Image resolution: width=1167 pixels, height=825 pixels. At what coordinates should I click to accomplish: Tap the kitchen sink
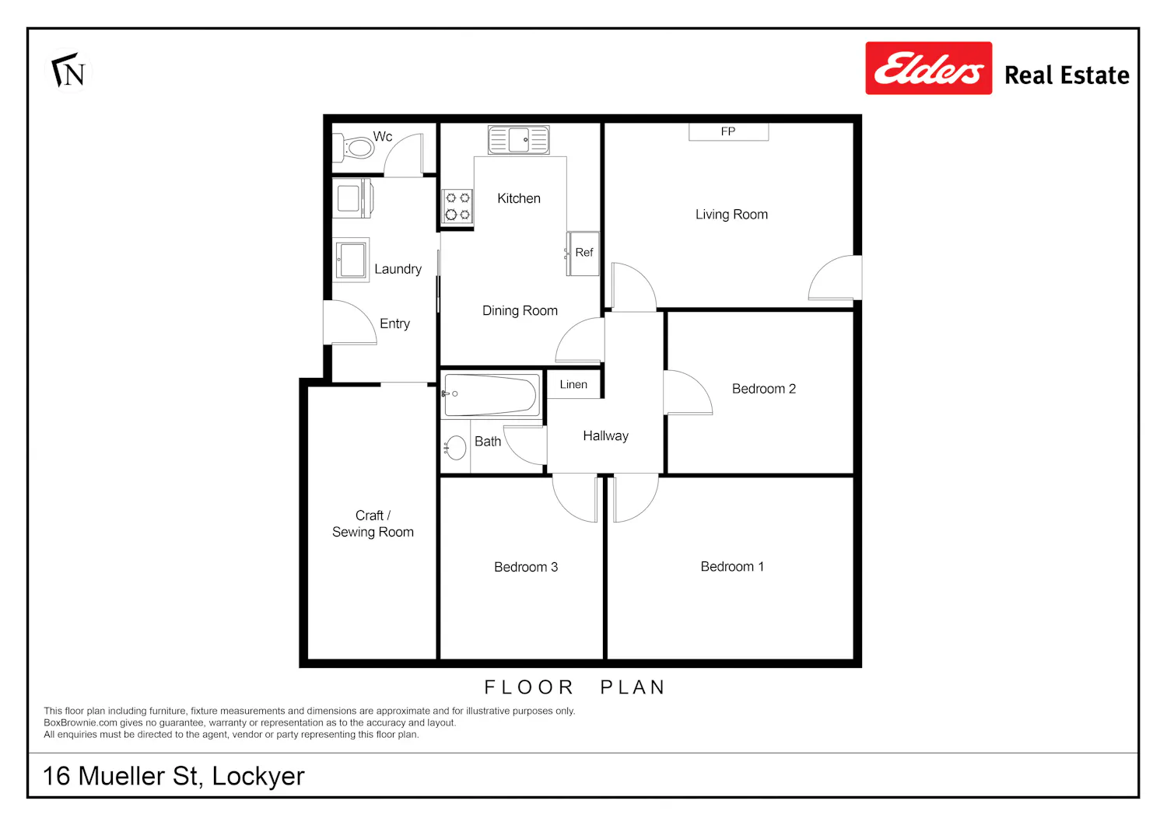click(519, 140)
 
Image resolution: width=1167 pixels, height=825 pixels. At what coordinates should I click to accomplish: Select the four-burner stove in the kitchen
click(457, 206)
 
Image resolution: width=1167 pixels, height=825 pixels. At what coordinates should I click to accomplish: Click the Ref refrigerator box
click(583, 253)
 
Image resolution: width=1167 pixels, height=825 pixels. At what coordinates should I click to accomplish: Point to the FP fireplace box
click(728, 131)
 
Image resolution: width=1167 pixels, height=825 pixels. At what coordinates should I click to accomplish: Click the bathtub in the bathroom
click(491, 395)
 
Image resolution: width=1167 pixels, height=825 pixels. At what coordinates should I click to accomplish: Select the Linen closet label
click(573, 384)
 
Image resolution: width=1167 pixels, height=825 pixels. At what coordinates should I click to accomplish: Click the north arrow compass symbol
click(68, 70)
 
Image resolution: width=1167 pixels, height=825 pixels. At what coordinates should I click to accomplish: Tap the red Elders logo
click(929, 68)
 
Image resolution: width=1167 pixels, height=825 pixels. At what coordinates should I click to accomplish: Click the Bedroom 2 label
click(764, 389)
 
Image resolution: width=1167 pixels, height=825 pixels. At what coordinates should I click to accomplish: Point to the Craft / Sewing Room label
click(373, 523)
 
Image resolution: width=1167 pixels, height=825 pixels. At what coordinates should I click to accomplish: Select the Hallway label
click(605, 436)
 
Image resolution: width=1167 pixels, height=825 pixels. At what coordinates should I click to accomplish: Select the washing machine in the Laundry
click(352, 198)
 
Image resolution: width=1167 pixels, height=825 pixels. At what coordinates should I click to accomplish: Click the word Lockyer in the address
click(258, 777)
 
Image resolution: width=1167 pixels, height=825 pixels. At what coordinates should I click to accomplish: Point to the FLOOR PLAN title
click(575, 687)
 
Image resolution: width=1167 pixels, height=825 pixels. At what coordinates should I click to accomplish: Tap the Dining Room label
click(520, 311)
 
